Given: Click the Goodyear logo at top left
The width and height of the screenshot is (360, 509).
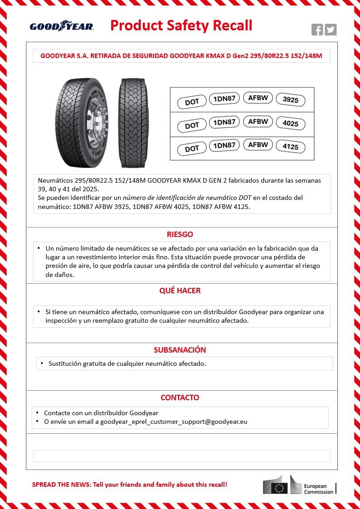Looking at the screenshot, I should (62, 26).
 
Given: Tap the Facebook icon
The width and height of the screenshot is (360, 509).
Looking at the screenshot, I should (317, 29).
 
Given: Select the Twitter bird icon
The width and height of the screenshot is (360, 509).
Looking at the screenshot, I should (331, 29).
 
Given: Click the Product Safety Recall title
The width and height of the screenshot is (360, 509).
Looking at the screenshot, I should (181, 25).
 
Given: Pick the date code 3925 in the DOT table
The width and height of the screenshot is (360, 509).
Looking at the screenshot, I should (290, 100).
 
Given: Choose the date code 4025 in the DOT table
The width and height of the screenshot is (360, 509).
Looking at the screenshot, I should (290, 124).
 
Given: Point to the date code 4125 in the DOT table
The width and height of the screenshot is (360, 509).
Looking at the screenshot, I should (290, 147).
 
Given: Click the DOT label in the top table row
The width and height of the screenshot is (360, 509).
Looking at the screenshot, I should (192, 102).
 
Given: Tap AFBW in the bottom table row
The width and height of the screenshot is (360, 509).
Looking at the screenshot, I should (258, 145).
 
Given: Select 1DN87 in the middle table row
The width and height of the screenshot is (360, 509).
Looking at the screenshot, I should (224, 122).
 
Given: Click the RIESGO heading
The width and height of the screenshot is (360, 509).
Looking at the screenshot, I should (180, 234).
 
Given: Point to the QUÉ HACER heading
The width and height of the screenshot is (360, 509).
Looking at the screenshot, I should (180, 291).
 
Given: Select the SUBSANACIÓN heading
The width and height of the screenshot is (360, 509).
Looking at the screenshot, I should (180, 350).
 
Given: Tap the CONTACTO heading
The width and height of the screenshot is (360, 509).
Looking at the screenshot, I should (180, 398).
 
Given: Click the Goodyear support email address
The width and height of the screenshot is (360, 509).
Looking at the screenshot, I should (174, 422).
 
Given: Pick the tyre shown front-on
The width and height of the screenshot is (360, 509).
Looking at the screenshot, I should (134, 122).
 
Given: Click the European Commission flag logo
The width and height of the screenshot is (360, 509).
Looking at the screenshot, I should (280, 488).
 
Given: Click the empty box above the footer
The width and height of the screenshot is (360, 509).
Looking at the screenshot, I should (182, 456).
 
